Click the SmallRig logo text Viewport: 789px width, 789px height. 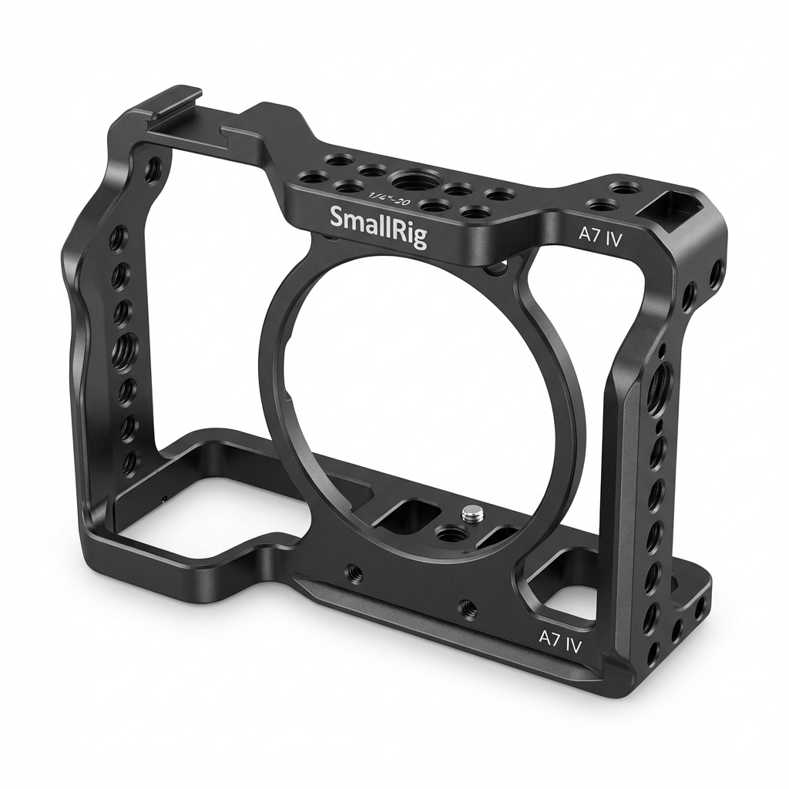378,225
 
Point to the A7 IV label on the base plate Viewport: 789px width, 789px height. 560,640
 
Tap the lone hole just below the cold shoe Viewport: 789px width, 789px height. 154,169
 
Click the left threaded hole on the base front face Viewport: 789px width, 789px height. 354,571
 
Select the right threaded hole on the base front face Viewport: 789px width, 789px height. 466,609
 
